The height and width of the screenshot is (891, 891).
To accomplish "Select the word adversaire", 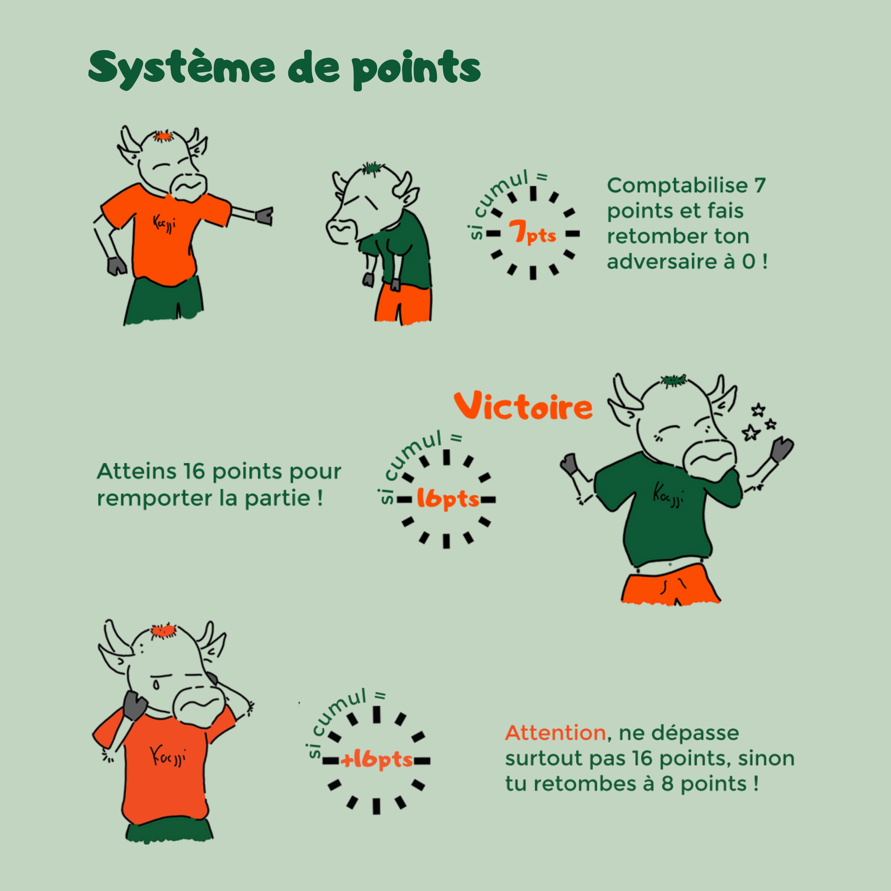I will coord(664,262).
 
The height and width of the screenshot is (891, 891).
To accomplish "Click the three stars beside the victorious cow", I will coord(756,422).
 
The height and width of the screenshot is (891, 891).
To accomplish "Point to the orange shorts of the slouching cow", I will coord(403,304).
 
